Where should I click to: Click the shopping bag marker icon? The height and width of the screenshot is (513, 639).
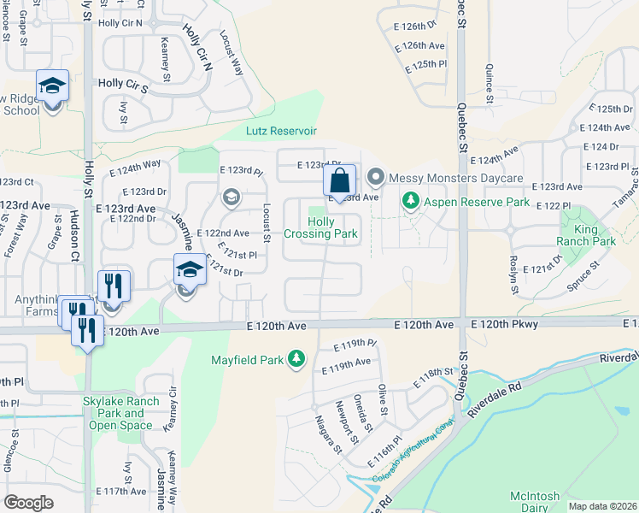click(x=340, y=181)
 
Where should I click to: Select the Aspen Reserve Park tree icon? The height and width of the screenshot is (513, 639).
click(x=411, y=201)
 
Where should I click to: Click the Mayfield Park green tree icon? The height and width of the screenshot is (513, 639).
click(x=296, y=358)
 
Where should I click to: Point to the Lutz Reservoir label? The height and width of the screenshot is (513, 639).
click(x=281, y=131)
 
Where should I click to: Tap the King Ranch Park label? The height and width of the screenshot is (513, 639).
click(x=595, y=236)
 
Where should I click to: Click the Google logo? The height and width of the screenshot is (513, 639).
click(x=28, y=502)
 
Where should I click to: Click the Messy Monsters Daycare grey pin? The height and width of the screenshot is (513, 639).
click(x=375, y=178)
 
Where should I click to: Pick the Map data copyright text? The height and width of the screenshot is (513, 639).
click(x=601, y=506)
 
